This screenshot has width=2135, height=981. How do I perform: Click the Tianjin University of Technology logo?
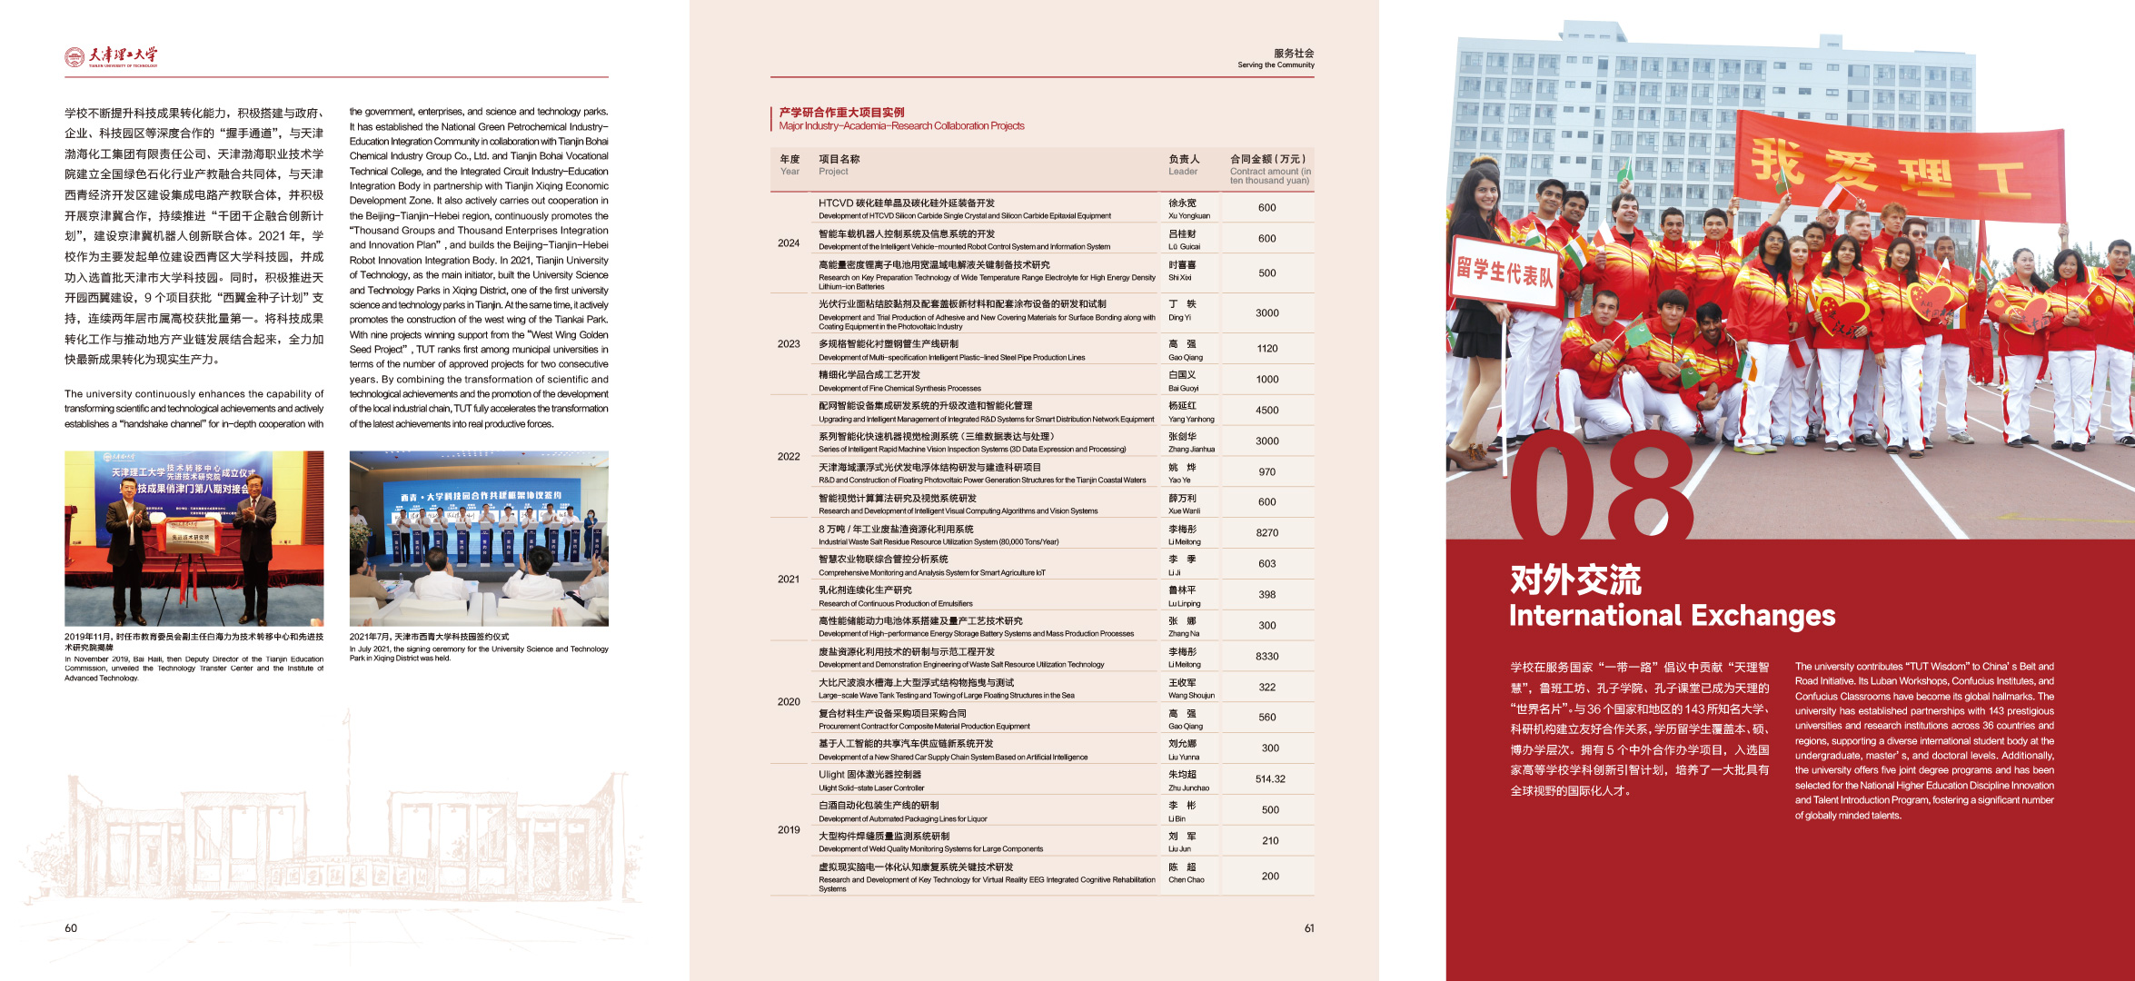[111, 56]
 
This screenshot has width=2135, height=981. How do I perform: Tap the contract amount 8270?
[1266, 533]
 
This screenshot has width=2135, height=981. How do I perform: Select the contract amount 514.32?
[1270, 779]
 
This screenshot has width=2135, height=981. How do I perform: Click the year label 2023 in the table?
[789, 344]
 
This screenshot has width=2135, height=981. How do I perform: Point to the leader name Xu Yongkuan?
[1188, 216]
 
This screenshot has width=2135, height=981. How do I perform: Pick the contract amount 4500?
[1266, 411]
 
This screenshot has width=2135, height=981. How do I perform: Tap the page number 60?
[71, 928]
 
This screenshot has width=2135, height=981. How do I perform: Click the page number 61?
[1309, 928]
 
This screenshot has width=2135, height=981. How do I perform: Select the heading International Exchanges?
[1672, 616]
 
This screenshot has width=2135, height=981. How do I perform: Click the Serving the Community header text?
[1276, 64]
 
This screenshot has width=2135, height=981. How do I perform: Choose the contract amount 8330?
[1266, 657]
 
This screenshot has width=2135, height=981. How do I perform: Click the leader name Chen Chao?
[1186, 880]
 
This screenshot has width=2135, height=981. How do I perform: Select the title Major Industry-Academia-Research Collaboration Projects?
[901, 126]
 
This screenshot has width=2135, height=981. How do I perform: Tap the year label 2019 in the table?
[789, 830]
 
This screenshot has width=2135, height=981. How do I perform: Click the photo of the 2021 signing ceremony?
[479, 539]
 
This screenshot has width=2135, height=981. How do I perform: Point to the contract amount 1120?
[1266, 349]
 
